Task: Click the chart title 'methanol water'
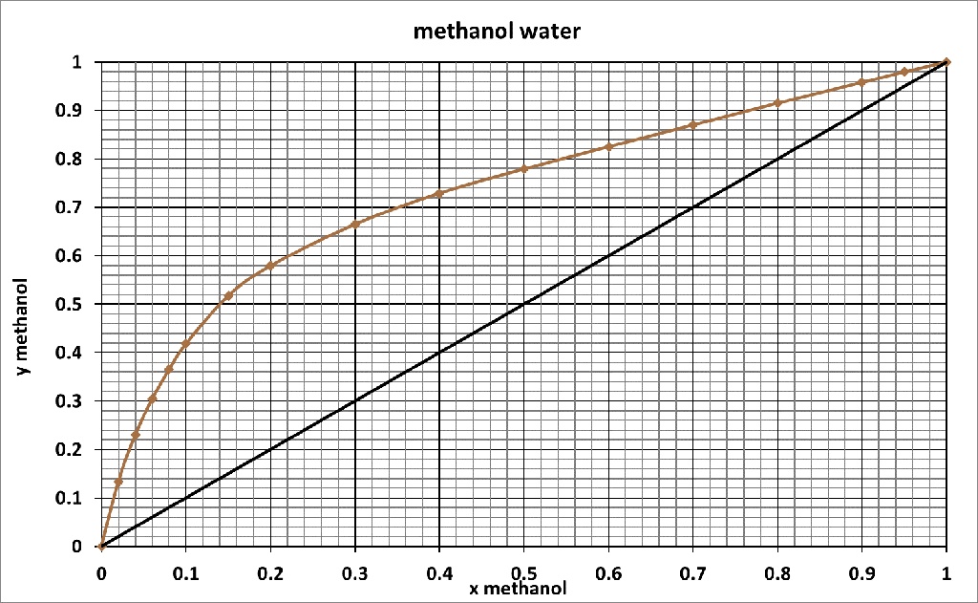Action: pos(496,32)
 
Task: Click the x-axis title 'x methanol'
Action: pos(517,588)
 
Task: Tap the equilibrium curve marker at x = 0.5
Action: pos(523,169)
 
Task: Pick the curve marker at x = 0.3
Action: pos(355,225)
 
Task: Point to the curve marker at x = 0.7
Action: pos(692,125)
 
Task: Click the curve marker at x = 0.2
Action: pos(270,266)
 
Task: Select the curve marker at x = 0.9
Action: pos(861,82)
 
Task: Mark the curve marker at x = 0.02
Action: pos(118,482)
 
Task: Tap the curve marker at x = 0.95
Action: pos(904,72)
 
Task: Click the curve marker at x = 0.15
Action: pos(228,296)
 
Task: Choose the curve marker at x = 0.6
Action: pos(608,146)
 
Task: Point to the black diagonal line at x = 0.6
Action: pos(608,256)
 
